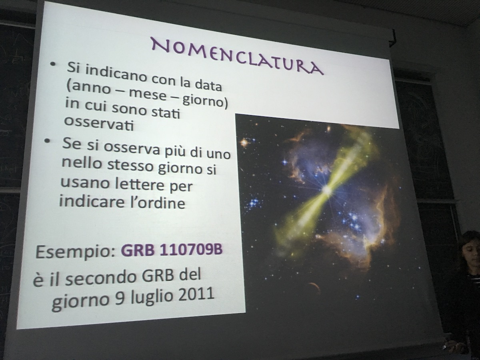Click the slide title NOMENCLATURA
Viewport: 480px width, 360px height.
tap(237, 56)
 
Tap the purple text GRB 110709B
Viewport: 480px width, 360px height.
tap(172, 250)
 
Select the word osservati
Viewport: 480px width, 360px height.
tap(99, 124)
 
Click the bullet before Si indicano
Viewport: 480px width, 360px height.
tap(52, 64)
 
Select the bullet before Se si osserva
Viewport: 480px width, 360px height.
tap(46, 141)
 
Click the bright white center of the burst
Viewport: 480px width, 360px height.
tap(327, 190)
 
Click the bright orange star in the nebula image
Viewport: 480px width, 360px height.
tap(244, 143)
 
